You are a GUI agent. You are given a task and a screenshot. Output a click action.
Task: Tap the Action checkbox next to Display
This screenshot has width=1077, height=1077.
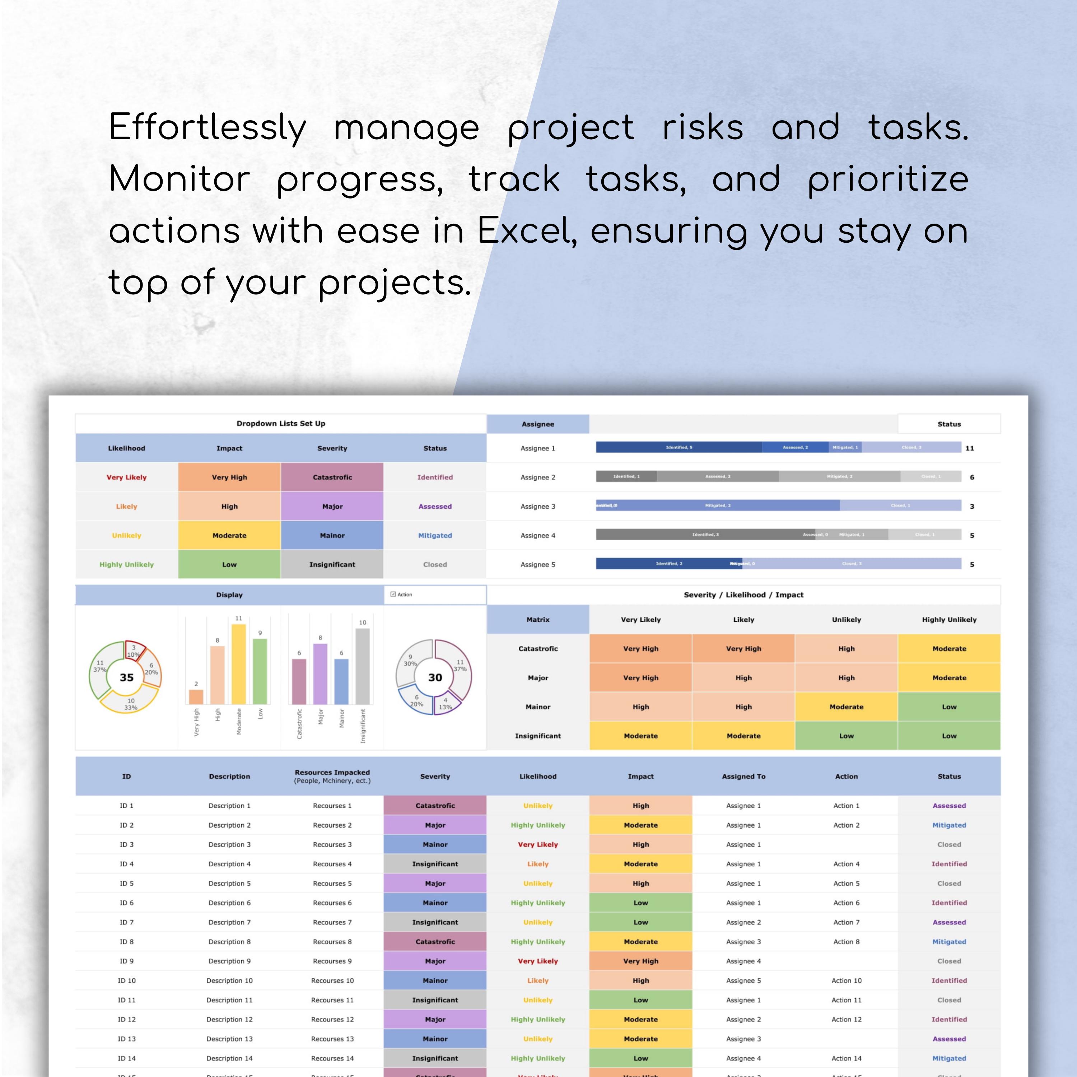[393, 594]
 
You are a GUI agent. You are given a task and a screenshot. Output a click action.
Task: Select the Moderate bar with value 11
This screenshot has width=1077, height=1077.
[239, 663]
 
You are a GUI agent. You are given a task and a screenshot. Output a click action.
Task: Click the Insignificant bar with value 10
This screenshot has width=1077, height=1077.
[362, 666]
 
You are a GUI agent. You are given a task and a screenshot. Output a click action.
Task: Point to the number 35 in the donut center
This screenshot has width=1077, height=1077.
[126, 677]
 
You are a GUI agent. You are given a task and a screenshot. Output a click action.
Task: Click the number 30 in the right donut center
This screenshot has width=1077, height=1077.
[435, 677]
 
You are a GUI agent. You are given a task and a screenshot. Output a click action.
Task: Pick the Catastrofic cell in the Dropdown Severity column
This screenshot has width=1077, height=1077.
[332, 477]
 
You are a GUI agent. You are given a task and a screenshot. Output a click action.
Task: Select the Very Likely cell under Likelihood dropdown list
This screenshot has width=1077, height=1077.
[126, 477]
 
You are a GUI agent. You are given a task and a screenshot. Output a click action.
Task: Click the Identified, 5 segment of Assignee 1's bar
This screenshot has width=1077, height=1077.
[679, 447]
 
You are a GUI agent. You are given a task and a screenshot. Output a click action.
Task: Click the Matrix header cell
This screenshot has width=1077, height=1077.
[538, 619]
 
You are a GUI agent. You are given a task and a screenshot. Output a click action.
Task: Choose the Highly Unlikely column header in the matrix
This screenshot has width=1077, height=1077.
[949, 619]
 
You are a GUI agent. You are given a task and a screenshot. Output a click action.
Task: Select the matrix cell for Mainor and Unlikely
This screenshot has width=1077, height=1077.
[846, 707]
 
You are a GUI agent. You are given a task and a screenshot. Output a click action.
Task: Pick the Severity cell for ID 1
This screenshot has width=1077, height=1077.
[435, 806]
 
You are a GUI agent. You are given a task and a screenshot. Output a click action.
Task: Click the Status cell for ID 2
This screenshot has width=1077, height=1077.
[949, 825]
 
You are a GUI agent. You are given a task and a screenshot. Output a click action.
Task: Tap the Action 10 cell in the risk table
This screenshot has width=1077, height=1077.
[846, 980]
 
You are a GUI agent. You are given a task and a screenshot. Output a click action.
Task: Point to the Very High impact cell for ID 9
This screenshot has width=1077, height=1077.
[640, 961]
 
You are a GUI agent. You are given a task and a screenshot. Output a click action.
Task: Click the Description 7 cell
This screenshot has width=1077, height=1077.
[229, 922]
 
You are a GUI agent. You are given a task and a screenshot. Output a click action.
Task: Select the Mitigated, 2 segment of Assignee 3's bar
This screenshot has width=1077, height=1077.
[718, 505]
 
